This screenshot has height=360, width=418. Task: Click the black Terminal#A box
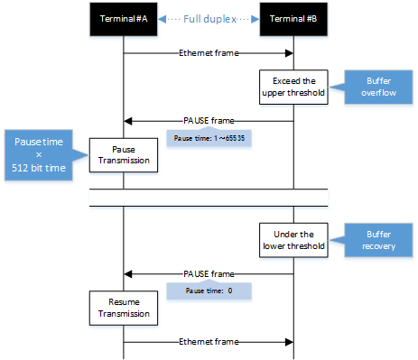123,20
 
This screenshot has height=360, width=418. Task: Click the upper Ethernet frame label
209,53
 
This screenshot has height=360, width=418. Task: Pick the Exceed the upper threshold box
293,87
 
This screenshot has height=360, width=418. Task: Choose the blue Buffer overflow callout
367,86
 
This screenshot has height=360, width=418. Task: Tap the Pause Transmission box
123,156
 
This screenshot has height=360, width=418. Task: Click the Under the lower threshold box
293,239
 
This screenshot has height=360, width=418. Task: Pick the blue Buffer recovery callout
367,238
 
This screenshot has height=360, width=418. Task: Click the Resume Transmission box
123,308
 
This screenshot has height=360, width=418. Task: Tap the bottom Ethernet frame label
209,342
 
